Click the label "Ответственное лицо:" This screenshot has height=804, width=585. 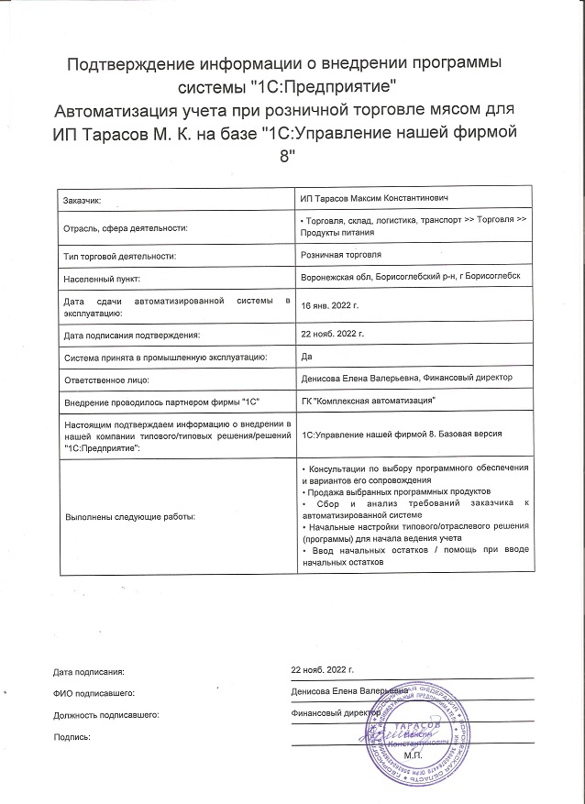105,378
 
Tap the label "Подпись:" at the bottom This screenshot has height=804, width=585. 72,737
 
